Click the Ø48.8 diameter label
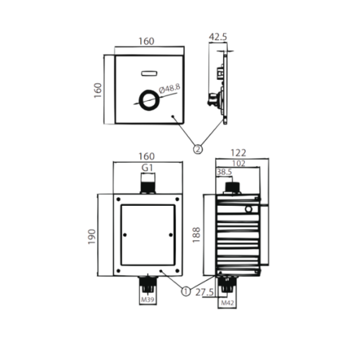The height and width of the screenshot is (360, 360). pyautogui.click(x=165, y=89)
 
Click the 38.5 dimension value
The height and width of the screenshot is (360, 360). pyautogui.click(x=225, y=173)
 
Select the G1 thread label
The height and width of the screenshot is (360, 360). pyautogui.click(x=148, y=167)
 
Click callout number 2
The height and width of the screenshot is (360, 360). pyautogui.click(x=197, y=149)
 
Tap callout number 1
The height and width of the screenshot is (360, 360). pyautogui.click(x=186, y=292)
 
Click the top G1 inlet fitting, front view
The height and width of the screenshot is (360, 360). pyautogui.click(x=148, y=185)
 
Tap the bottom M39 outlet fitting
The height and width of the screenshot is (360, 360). pyautogui.click(x=148, y=284)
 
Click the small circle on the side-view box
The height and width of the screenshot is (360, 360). pyautogui.click(x=248, y=210)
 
